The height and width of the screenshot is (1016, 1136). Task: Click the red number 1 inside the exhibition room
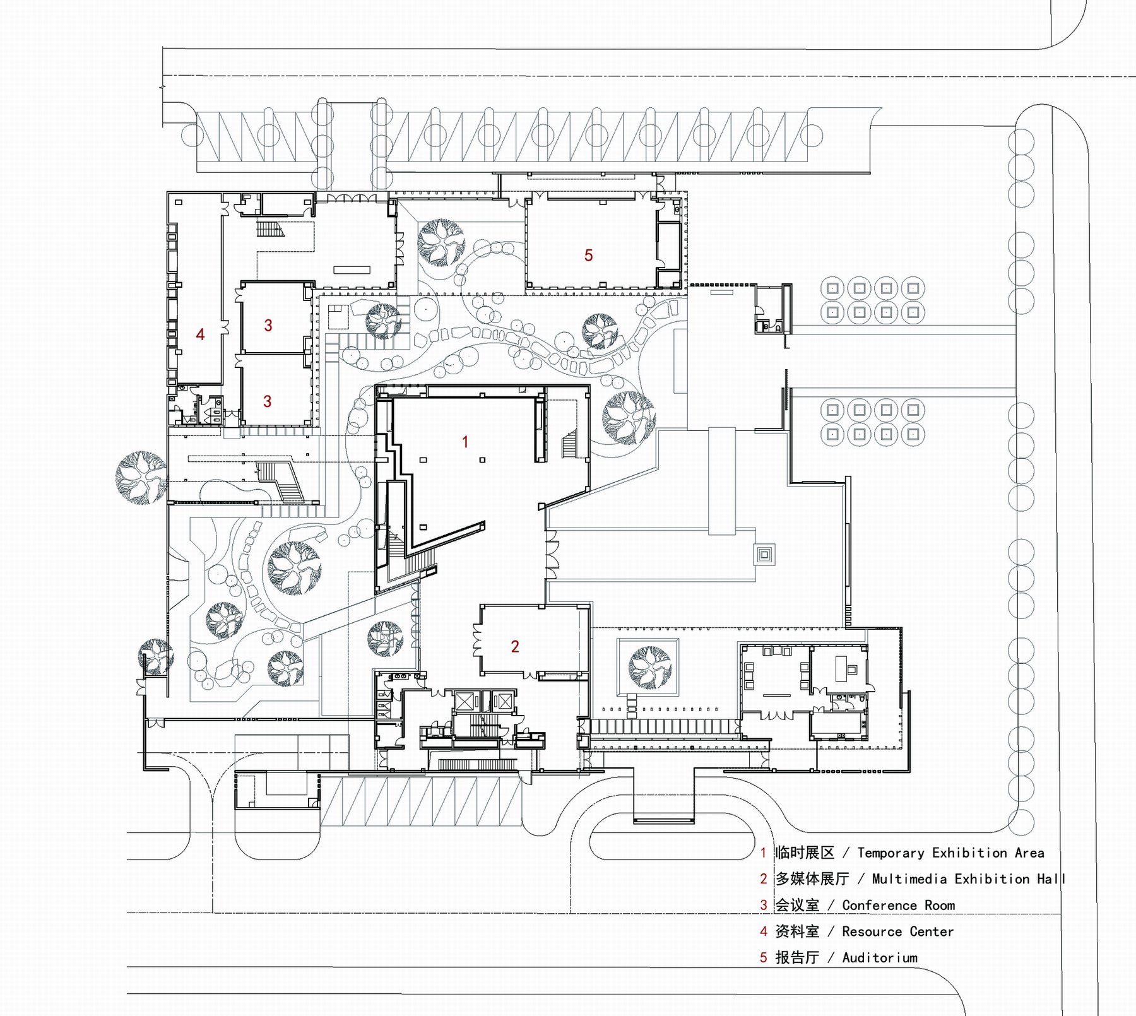click(465, 442)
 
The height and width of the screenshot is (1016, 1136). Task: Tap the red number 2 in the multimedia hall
click(515, 646)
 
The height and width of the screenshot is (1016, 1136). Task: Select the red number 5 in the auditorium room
click(588, 255)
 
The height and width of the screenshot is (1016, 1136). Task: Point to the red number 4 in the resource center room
click(200, 334)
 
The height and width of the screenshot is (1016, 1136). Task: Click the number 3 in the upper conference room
click(268, 325)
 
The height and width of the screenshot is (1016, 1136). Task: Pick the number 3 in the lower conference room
click(267, 401)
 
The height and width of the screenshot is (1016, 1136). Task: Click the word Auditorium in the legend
click(880, 957)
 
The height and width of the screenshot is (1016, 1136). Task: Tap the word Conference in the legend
click(880, 905)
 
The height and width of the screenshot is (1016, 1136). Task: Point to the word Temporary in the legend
click(891, 853)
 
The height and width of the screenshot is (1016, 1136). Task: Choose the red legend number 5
click(764, 957)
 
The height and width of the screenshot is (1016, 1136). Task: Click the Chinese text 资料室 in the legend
click(797, 931)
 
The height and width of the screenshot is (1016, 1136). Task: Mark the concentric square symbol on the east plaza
click(764, 555)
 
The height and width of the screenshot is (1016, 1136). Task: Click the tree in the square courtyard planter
click(650, 667)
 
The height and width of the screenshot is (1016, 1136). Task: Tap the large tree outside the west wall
click(141, 478)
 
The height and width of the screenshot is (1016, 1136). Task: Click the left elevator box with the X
click(465, 702)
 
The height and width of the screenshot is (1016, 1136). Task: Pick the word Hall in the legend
click(1051, 878)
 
